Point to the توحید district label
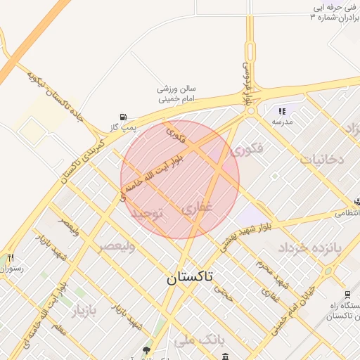[148, 213]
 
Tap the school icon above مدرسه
[282, 111]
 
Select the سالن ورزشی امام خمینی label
[178, 94]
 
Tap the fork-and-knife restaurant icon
[11, 258]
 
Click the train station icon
[347, 295]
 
